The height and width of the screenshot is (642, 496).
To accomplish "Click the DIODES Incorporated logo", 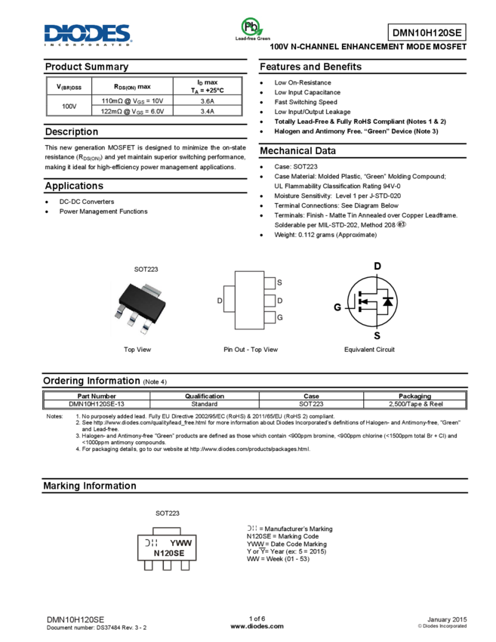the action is pyautogui.click(x=88, y=35).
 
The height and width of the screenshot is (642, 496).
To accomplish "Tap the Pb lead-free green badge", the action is pyautogui.click(x=252, y=29).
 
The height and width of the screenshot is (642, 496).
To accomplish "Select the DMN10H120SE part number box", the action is pyautogui.click(x=427, y=32).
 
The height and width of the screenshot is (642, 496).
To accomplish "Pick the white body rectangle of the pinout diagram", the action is pyautogui.click(x=249, y=300).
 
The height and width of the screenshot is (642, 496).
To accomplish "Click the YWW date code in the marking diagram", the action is pyautogui.click(x=181, y=542).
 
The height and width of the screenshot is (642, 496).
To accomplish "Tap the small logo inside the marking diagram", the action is pyautogui.click(x=150, y=542).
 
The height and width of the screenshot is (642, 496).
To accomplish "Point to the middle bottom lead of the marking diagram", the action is pyautogui.click(x=167, y=566).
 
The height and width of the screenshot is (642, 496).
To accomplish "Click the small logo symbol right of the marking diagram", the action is pyautogui.click(x=251, y=528).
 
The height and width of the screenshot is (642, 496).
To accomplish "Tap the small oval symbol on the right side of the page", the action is pyautogui.click(x=402, y=224).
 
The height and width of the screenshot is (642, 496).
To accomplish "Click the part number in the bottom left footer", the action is pyautogui.click(x=75, y=619).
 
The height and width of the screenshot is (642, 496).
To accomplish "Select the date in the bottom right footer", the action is pyautogui.click(x=447, y=619).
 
